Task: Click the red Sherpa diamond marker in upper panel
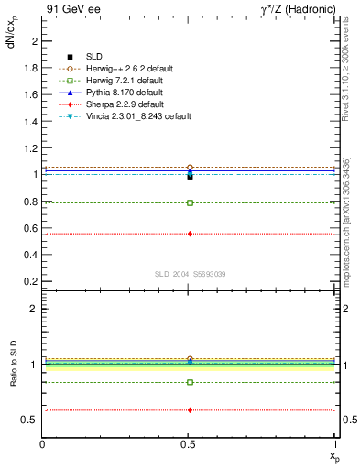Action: pyautogui.click(x=190, y=234)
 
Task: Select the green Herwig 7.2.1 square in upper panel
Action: pyautogui.click(x=190, y=202)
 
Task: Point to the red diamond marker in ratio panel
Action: pyautogui.click(x=190, y=409)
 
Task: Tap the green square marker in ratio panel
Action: pyautogui.click(x=190, y=382)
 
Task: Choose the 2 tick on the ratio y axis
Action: pyautogui.click(x=35, y=310)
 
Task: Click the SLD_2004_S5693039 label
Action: pyautogui.click(x=190, y=274)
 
